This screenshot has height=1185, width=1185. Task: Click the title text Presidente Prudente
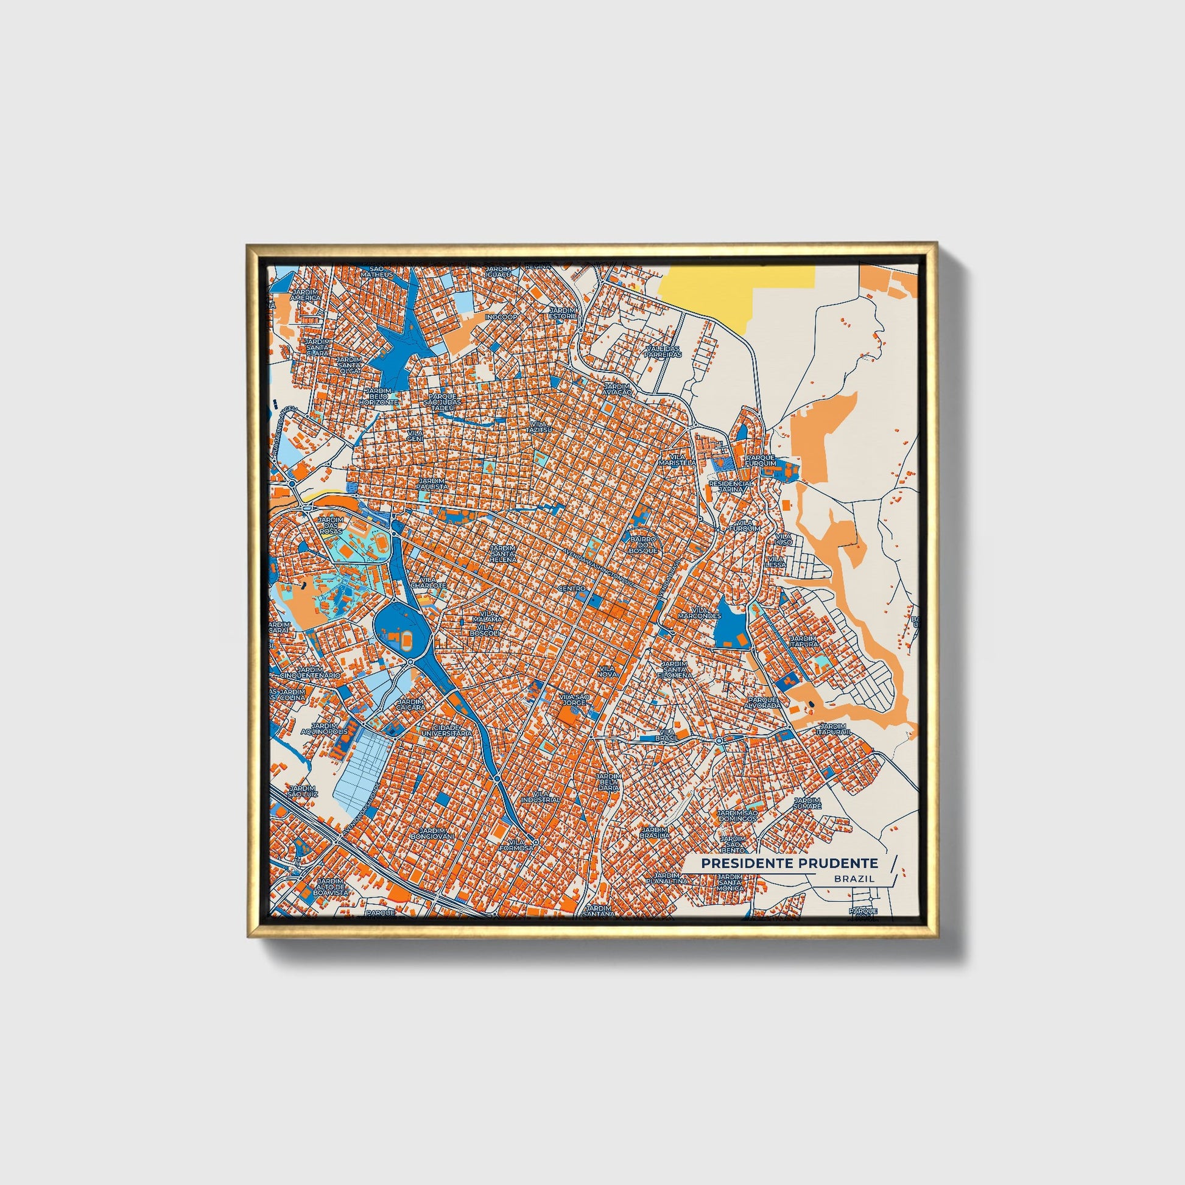click(x=789, y=863)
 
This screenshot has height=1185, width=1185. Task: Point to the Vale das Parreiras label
click(x=663, y=351)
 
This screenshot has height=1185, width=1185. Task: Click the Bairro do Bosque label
click(x=643, y=544)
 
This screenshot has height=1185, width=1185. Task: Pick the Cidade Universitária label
click(x=446, y=730)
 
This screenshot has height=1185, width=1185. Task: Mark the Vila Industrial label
click(x=541, y=796)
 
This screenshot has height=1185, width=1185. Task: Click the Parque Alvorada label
click(x=764, y=702)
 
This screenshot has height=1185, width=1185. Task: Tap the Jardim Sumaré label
click(x=807, y=803)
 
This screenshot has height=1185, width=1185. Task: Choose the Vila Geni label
click(x=415, y=435)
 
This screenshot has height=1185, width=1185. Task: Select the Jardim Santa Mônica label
click(x=730, y=882)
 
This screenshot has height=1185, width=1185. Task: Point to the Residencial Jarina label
click(x=731, y=487)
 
